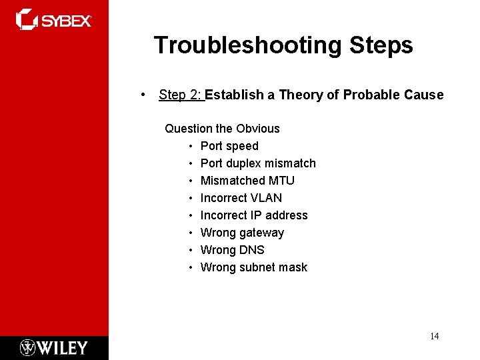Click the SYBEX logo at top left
coord(53,20)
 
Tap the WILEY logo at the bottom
coord(54,347)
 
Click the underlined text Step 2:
coord(181,95)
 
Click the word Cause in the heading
coord(423,95)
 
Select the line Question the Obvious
coord(222,128)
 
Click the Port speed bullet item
coord(229,145)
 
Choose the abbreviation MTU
coord(281,180)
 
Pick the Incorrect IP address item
coord(254,215)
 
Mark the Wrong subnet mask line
coord(254,267)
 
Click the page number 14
coord(434,336)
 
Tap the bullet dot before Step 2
coord(144,95)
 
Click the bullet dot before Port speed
coord(191,145)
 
